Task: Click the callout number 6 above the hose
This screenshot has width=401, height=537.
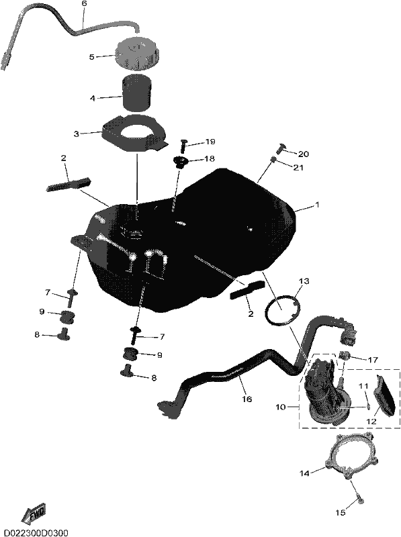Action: coord(85,4)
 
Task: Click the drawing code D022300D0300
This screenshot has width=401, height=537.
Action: coord(34,533)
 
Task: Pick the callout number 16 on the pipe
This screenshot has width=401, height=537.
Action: coord(247,399)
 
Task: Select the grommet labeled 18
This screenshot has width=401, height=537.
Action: coord(181,162)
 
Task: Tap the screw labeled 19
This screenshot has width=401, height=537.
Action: coord(183,145)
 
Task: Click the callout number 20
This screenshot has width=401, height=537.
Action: coord(304,154)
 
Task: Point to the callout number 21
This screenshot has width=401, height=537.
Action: coord(298,167)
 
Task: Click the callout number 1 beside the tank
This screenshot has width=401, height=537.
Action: coord(317,205)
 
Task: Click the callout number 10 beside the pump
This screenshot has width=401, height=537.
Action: coord(280,407)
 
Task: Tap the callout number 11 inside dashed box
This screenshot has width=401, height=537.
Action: coord(363,386)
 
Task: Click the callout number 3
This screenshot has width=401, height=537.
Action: coord(77,134)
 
